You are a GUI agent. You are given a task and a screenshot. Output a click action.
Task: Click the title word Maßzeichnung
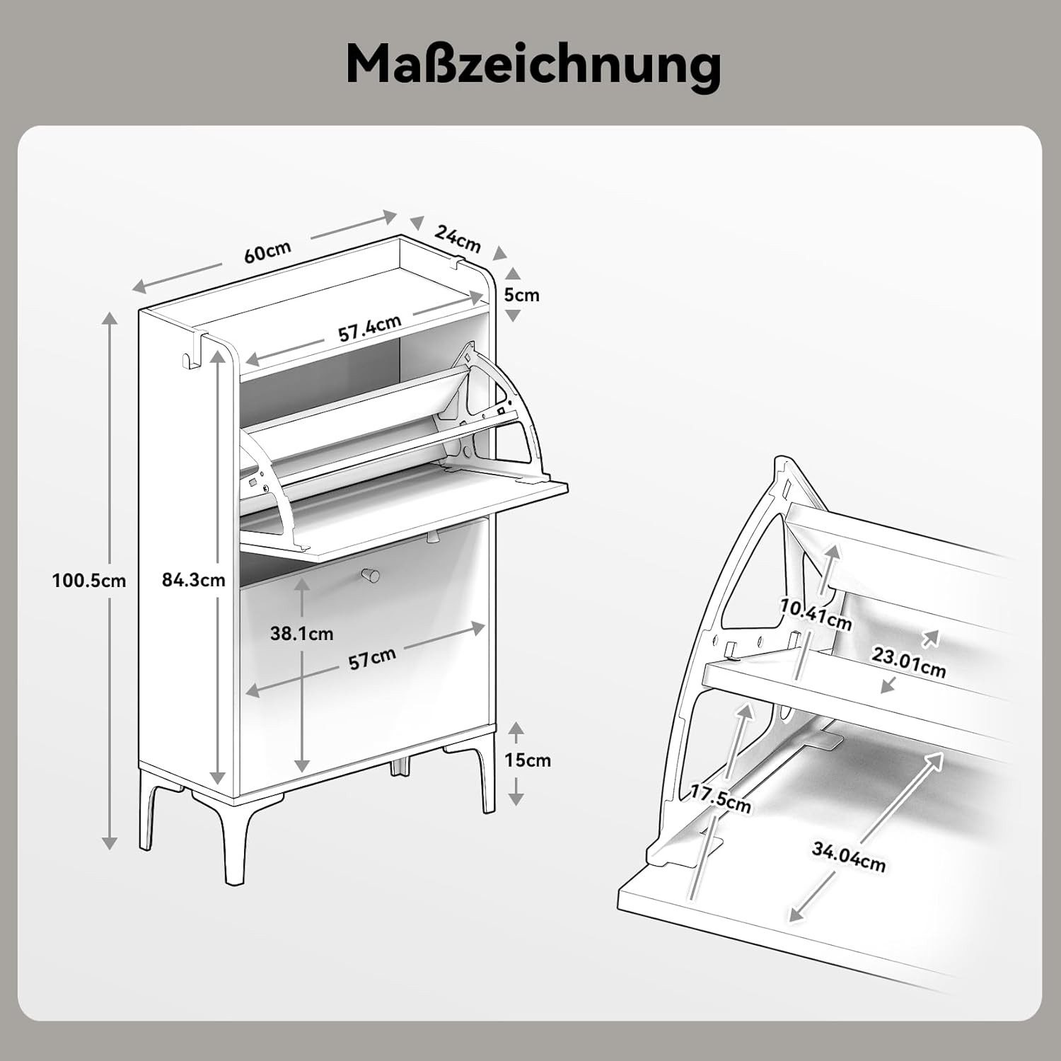point(533,65)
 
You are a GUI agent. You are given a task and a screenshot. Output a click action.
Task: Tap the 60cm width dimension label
point(267,252)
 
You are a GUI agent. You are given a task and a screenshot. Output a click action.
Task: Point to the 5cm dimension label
point(521,294)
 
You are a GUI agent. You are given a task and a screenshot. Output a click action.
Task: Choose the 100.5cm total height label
point(89,581)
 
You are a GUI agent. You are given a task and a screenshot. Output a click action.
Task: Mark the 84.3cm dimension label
point(193,580)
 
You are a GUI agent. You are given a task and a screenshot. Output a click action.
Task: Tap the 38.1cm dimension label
point(301,633)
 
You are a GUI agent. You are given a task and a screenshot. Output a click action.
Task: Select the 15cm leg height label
point(527,760)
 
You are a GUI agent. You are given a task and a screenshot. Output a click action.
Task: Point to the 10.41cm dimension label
point(816,613)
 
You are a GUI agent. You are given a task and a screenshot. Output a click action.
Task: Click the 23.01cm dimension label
point(908,662)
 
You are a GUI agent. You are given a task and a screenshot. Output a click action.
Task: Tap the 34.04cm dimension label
point(848,857)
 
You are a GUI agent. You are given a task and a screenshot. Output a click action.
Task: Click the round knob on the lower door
point(369,574)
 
